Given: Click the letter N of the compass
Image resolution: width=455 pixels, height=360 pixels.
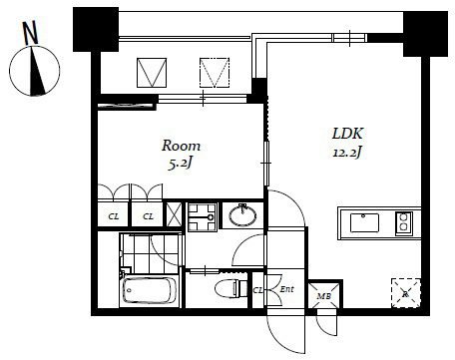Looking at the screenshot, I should [32, 33].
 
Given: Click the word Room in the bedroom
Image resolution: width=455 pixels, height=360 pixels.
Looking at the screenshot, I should [182, 146].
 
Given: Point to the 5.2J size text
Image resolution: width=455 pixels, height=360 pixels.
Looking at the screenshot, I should [183, 163].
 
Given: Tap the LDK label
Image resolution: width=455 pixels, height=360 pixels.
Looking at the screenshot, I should [346, 134].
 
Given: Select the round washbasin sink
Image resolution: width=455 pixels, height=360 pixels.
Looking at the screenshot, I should [241, 214].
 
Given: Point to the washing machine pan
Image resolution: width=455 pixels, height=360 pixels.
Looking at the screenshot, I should [203, 215].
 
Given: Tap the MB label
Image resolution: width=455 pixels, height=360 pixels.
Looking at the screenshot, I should [322, 294].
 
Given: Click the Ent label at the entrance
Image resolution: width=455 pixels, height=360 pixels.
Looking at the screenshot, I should [286, 290].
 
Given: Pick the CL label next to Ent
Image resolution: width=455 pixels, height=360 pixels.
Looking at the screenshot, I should [257, 290].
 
